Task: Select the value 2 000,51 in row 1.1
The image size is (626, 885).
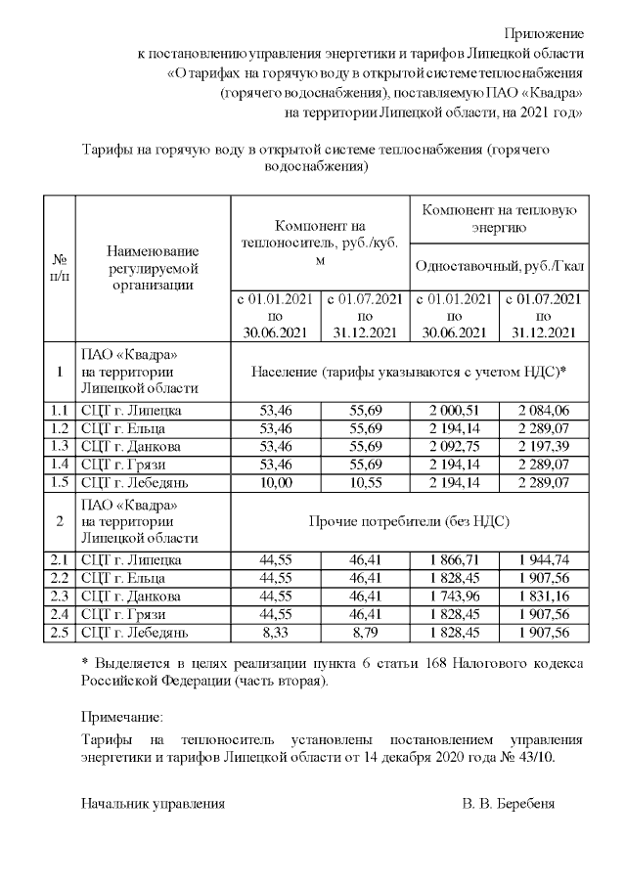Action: click(x=453, y=411)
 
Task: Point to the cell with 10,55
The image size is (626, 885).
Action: click(x=365, y=482)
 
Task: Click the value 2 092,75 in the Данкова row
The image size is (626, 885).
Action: click(x=453, y=447)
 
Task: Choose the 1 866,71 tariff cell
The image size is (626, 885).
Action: click(x=453, y=560)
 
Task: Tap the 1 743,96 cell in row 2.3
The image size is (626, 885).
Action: click(x=453, y=597)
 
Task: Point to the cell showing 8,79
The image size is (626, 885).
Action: click(x=365, y=633)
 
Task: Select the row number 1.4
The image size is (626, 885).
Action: click(x=60, y=465)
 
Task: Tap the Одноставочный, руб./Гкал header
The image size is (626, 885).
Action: click(x=499, y=266)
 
